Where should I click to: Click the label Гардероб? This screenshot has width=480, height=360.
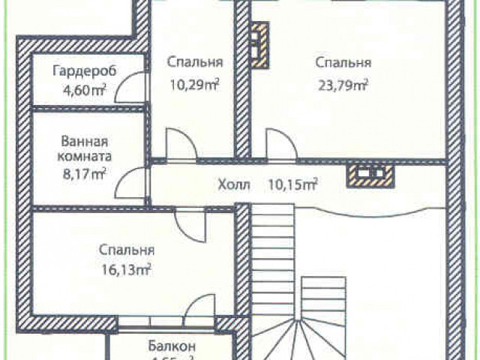pos(79,72)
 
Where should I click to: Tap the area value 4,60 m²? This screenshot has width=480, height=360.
pos(84,91)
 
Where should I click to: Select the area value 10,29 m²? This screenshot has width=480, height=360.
pos(193,84)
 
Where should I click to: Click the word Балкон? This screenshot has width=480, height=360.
pos(172,346)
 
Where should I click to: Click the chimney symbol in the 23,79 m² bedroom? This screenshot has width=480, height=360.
pos(259,47)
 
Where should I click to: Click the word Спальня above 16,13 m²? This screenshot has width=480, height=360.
pos(127,250)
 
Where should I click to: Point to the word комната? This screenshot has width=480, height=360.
pos(84,157)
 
